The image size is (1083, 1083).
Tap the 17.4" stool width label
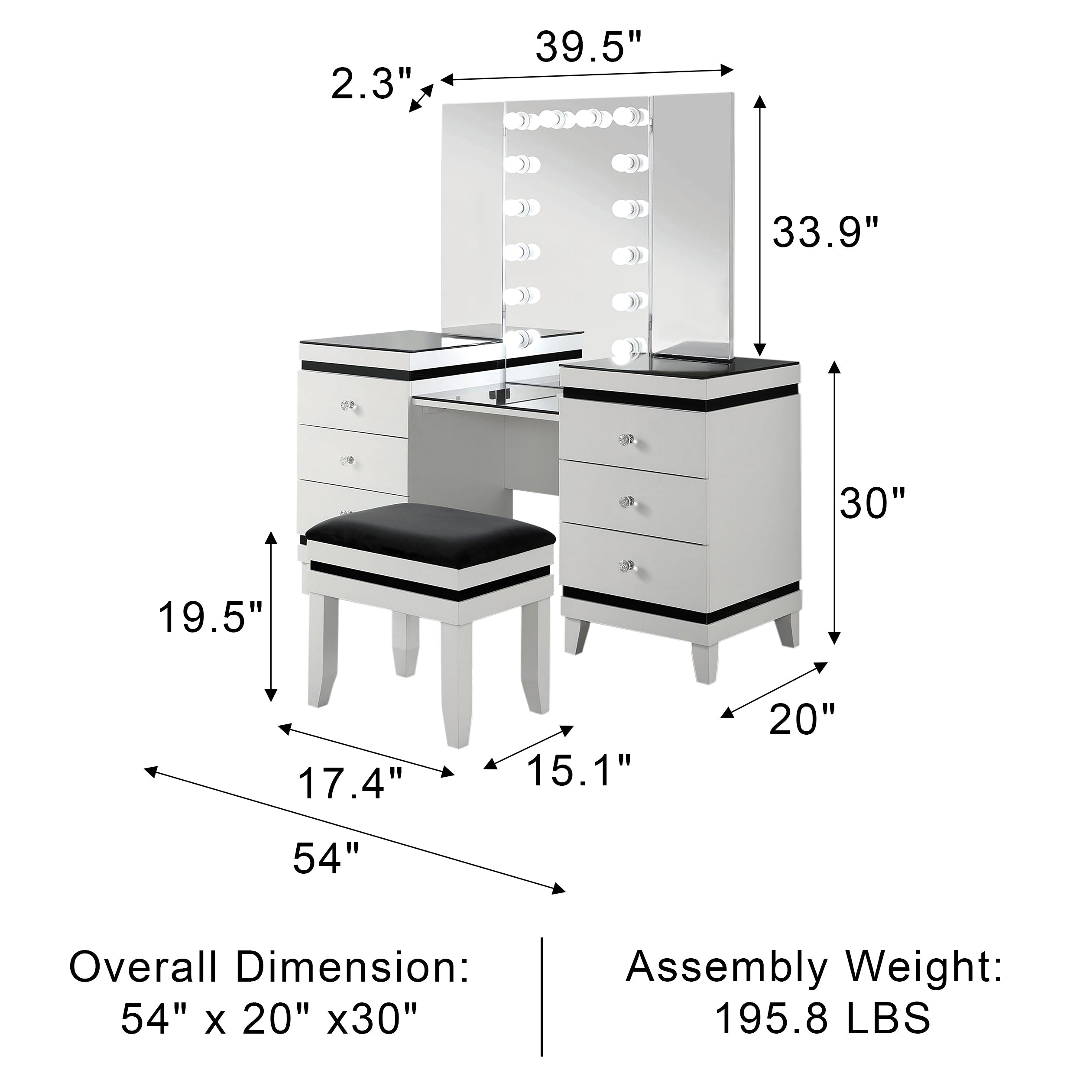[x=350, y=784]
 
